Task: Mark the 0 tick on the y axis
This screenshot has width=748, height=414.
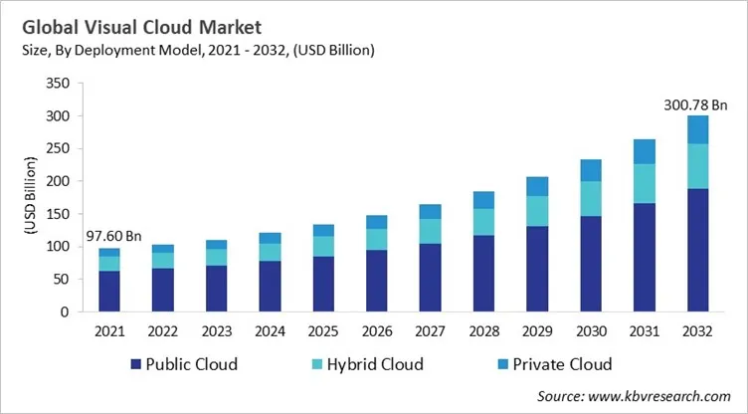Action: [x=66, y=311]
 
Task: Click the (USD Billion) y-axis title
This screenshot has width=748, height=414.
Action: [x=30, y=198]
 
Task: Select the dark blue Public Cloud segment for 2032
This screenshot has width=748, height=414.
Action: [x=698, y=249]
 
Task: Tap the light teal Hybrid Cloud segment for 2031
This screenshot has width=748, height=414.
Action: [x=645, y=183]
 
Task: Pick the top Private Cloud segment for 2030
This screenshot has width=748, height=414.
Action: [x=591, y=170]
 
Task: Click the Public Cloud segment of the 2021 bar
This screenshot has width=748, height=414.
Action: [x=110, y=291]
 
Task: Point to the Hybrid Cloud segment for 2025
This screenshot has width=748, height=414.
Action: [x=324, y=246]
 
